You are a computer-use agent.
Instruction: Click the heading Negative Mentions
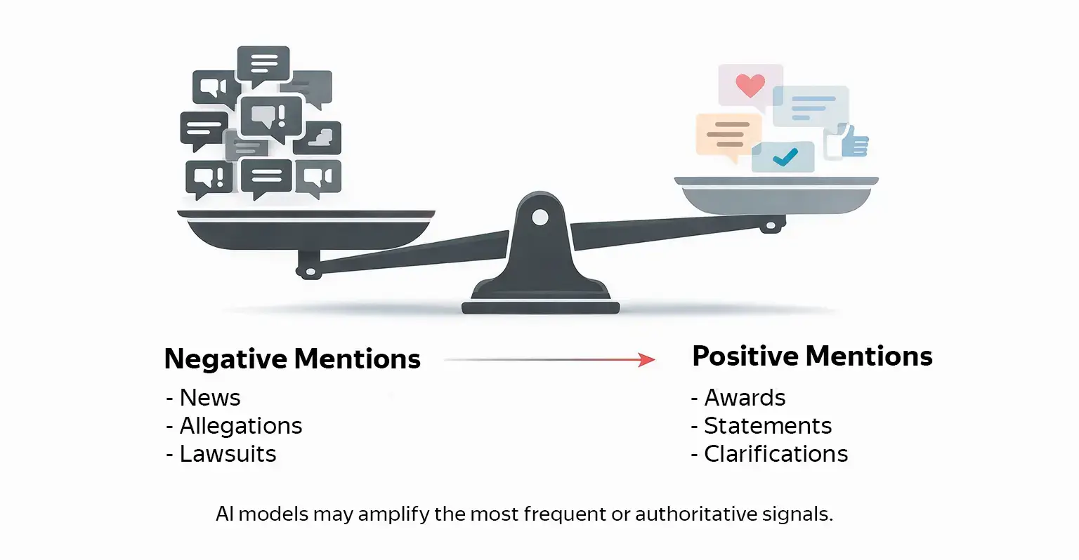[292, 359]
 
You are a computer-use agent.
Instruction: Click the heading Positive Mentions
[812, 356]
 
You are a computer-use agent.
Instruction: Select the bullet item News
[209, 398]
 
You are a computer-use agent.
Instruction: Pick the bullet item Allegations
[240, 426]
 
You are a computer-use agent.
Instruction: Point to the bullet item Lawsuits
[228, 454]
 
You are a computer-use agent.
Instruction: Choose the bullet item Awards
[745, 398]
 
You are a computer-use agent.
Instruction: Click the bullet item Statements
[767, 426]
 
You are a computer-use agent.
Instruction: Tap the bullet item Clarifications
[776, 454]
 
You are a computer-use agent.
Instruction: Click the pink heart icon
[750, 86]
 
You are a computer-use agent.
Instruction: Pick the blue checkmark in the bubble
[784, 157]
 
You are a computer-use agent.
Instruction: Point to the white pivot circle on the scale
[539, 218]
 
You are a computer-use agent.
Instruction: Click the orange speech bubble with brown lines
[728, 134]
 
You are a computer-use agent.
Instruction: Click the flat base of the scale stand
[540, 307]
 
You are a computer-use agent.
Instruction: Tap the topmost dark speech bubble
[263, 64]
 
